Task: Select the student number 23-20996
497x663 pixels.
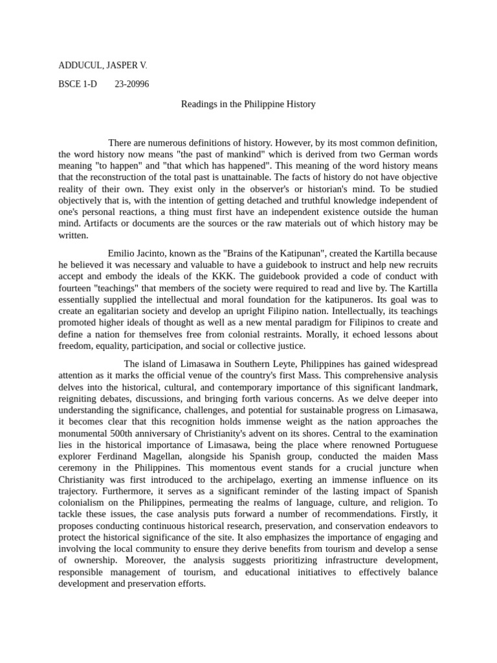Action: coord(131,84)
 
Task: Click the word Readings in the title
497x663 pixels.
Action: coord(199,104)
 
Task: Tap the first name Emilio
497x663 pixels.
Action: coord(122,253)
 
